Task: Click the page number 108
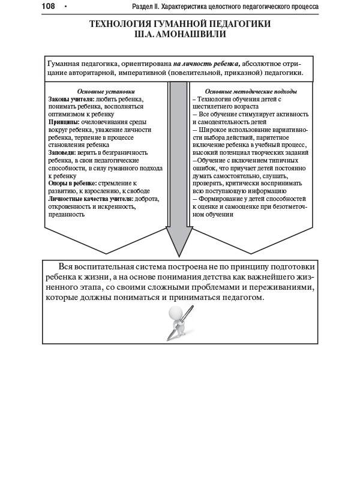point(49,6)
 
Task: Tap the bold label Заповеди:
point(64,153)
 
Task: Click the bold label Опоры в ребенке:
point(72,184)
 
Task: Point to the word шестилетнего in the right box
point(212,106)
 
